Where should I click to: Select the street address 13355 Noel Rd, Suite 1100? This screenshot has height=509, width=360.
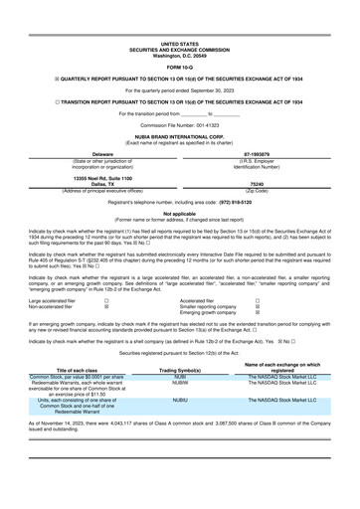point(94,177)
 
